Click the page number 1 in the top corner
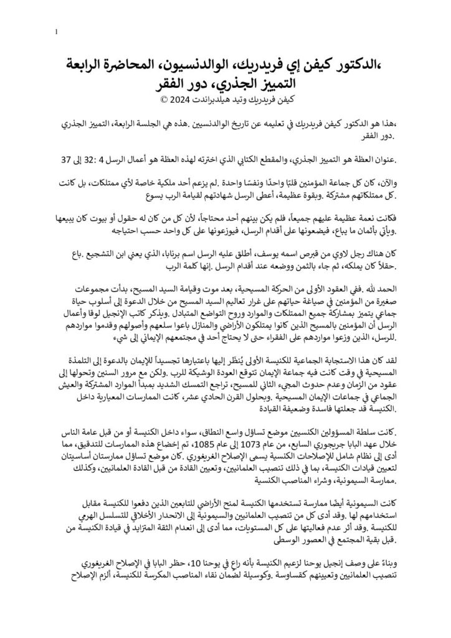point(57,31)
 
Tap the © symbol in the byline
point(156,99)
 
